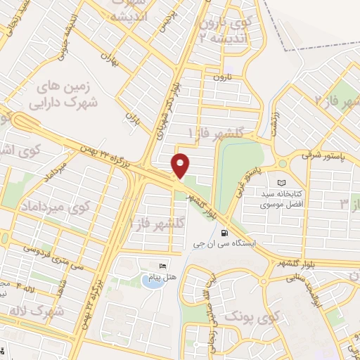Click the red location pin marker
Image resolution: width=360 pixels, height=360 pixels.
(181, 166)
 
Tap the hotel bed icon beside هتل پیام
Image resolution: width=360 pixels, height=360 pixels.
(163, 266)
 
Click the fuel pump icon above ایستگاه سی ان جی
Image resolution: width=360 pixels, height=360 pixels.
(224, 233)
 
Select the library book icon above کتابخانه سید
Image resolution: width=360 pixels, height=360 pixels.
(283, 182)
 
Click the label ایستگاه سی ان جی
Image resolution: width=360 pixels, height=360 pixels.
(223, 245)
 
